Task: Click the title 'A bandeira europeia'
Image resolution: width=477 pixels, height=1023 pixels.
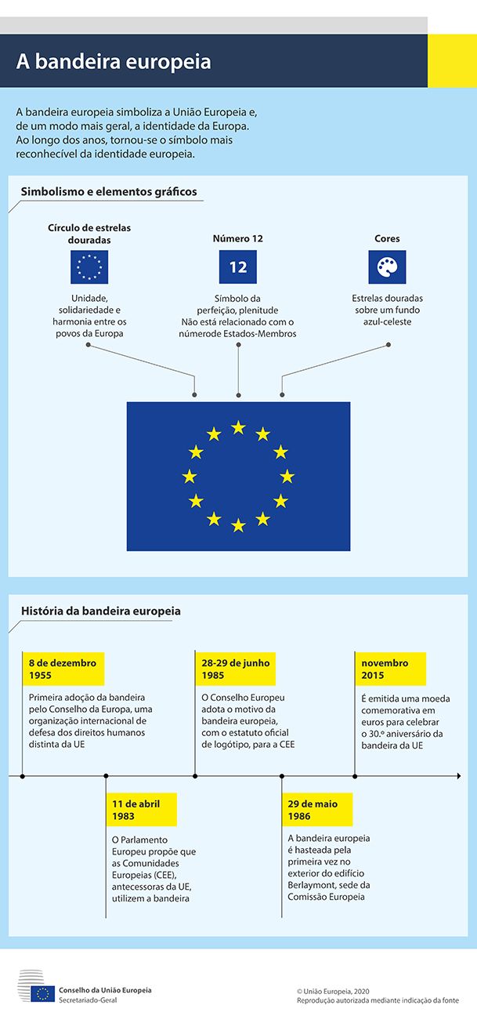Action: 114,62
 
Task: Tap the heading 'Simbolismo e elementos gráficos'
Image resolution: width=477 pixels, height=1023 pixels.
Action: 109,192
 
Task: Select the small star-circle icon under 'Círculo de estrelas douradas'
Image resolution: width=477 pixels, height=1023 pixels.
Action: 89,267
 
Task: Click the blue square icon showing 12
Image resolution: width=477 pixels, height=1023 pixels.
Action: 238,267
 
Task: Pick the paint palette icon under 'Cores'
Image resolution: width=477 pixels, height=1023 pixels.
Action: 387,267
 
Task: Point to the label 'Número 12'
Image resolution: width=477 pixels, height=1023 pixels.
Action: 238,238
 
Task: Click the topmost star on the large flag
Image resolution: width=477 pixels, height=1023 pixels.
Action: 238,427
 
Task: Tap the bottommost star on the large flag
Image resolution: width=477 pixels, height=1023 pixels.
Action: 238,525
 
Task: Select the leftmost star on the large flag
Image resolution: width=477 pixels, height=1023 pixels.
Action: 190,476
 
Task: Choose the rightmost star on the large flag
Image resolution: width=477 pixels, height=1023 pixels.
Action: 287,476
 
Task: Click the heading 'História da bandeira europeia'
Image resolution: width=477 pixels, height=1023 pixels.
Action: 101,611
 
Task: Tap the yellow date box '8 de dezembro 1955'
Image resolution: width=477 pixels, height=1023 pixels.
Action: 63,669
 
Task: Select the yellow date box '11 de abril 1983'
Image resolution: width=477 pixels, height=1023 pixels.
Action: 141,810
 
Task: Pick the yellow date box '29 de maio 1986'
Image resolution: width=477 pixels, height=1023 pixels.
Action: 316,810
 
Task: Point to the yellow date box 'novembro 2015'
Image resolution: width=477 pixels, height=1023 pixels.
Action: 390,669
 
